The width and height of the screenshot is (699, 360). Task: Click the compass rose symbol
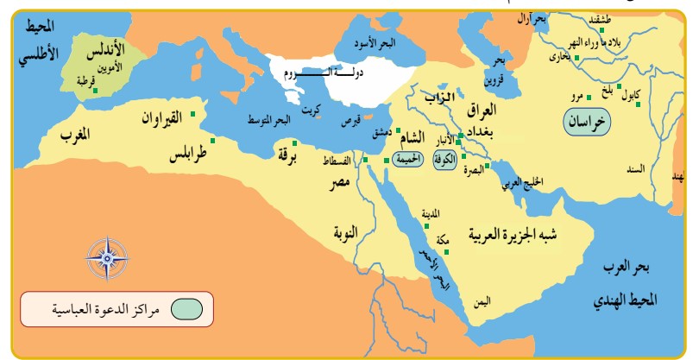point(107,257)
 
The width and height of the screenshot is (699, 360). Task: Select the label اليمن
point(482,302)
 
